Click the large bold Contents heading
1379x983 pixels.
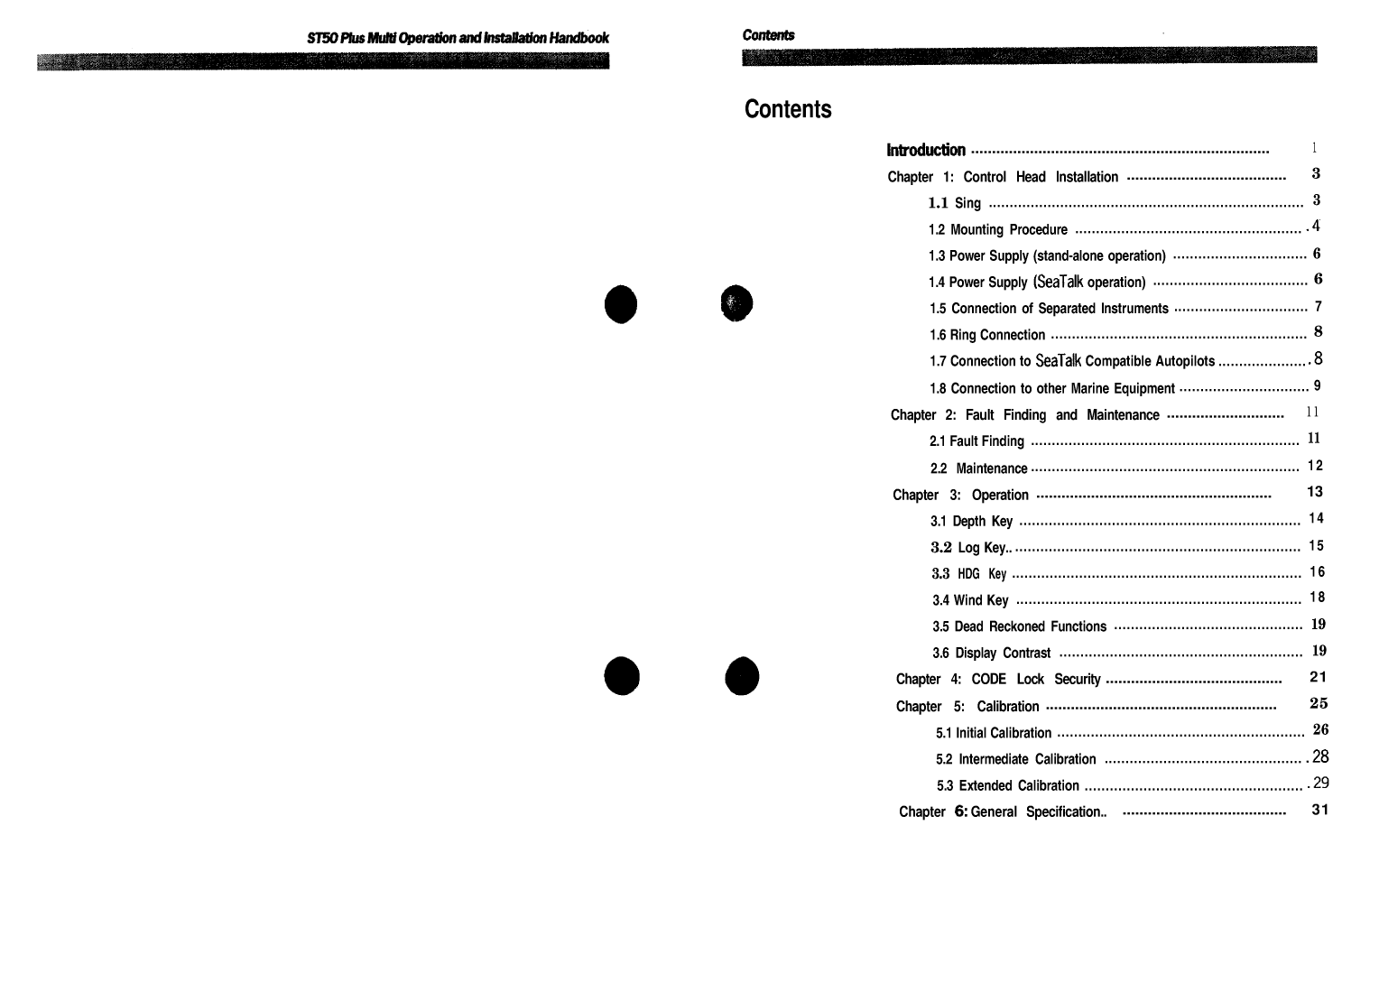pyautogui.click(x=788, y=109)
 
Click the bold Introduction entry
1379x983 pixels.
pyautogui.click(x=926, y=150)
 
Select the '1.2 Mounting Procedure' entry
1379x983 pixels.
pyautogui.click(x=997, y=229)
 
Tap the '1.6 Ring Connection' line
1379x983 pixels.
pyautogui.click(x=986, y=335)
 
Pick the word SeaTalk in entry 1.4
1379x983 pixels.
pyautogui.click(x=1060, y=282)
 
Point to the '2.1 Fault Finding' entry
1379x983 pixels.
pyautogui.click(x=976, y=441)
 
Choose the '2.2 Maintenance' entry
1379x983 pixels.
pyautogui.click(x=978, y=468)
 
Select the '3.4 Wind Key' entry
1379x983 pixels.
pyautogui.click(x=970, y=600)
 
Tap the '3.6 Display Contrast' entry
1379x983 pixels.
pyautogui.click(x=991, y=653)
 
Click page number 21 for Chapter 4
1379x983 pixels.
pyautogui.click(x=1318, y=677)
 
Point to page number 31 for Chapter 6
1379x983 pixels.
pyautogui.click(x=1319, y=810)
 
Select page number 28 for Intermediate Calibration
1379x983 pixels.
pyautogui.click(x=1320, y=756)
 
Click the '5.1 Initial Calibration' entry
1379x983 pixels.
pyautogui.click(x=993, y=733)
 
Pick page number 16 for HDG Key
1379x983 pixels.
pyautogui.click(x=1318, y=571)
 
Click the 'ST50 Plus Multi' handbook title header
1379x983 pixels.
pyautogui.click(x=458, y=38)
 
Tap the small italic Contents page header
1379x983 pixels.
pyautogui.click(x=768, y=35)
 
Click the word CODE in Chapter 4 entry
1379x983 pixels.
pyautogui.click(x=988, y=679)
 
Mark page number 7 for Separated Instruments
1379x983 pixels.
pyautogui.click(x=1319, y=307)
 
